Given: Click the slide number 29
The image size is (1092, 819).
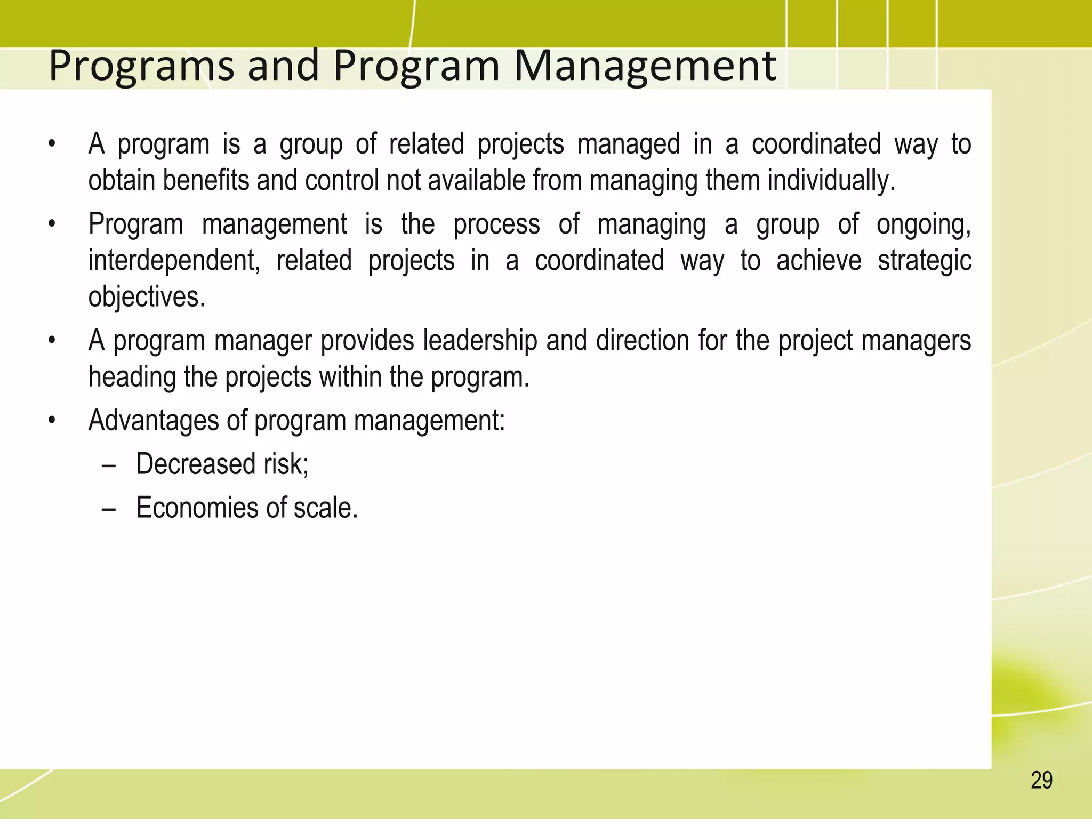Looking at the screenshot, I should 1041,781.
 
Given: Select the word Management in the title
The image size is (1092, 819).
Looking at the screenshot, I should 645,67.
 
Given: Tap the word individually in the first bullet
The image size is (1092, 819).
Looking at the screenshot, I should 831,181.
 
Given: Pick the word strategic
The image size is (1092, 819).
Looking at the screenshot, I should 925,261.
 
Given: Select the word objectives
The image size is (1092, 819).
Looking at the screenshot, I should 147,297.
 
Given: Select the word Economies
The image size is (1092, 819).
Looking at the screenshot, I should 197,508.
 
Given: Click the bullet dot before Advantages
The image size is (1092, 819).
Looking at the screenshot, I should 51,421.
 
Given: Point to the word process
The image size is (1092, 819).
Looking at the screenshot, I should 496,224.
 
